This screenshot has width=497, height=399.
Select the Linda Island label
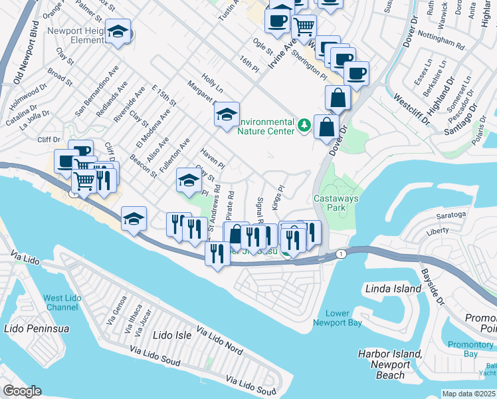pyautogui.click(x=393, y=289)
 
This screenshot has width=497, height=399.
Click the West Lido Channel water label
pyautogui.click(x=62, y=303)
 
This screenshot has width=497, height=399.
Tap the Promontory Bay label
pyautogui.click(x=470, y=349)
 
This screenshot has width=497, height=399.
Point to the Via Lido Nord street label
pyautogui.click(x=220, y=339)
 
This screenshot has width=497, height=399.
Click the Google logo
pyautogui.click(x=22, y=390)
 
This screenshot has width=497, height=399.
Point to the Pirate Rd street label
pyautogui.click(x=230, y=206)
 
